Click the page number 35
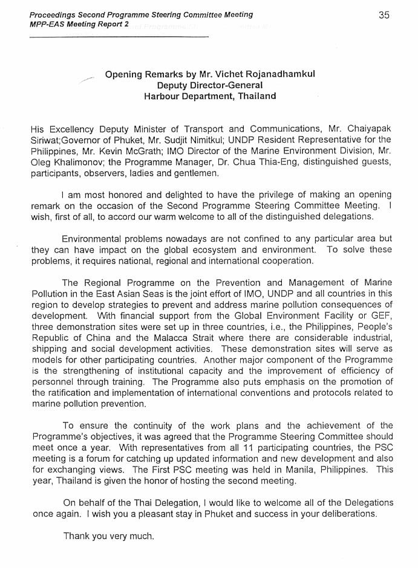coord(384,16)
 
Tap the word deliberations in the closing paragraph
coord(344,514)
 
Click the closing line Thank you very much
coord(109,536)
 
